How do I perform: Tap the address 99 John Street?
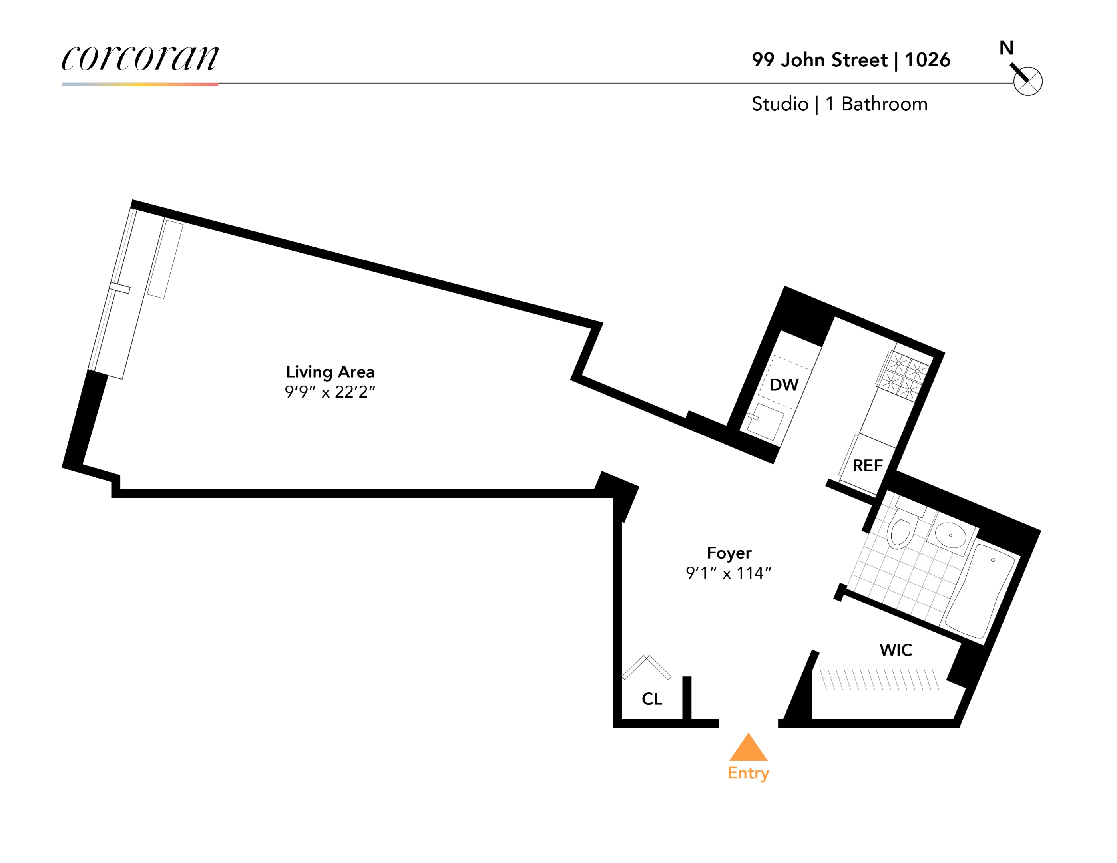[x=819, y=60]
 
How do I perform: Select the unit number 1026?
[x=927, y=60]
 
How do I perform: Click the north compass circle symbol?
[x=1027, y=81]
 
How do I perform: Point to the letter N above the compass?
[x=1006, y=48]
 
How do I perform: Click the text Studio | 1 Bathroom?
[x=839, y=104]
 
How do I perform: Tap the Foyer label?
[x=729, y=553]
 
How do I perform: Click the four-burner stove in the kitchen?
[x=903, y=375]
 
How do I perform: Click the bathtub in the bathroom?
[x=980, y=592]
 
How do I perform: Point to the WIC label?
[x=896, y=650]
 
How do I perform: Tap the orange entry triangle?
[x=748, y=748]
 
